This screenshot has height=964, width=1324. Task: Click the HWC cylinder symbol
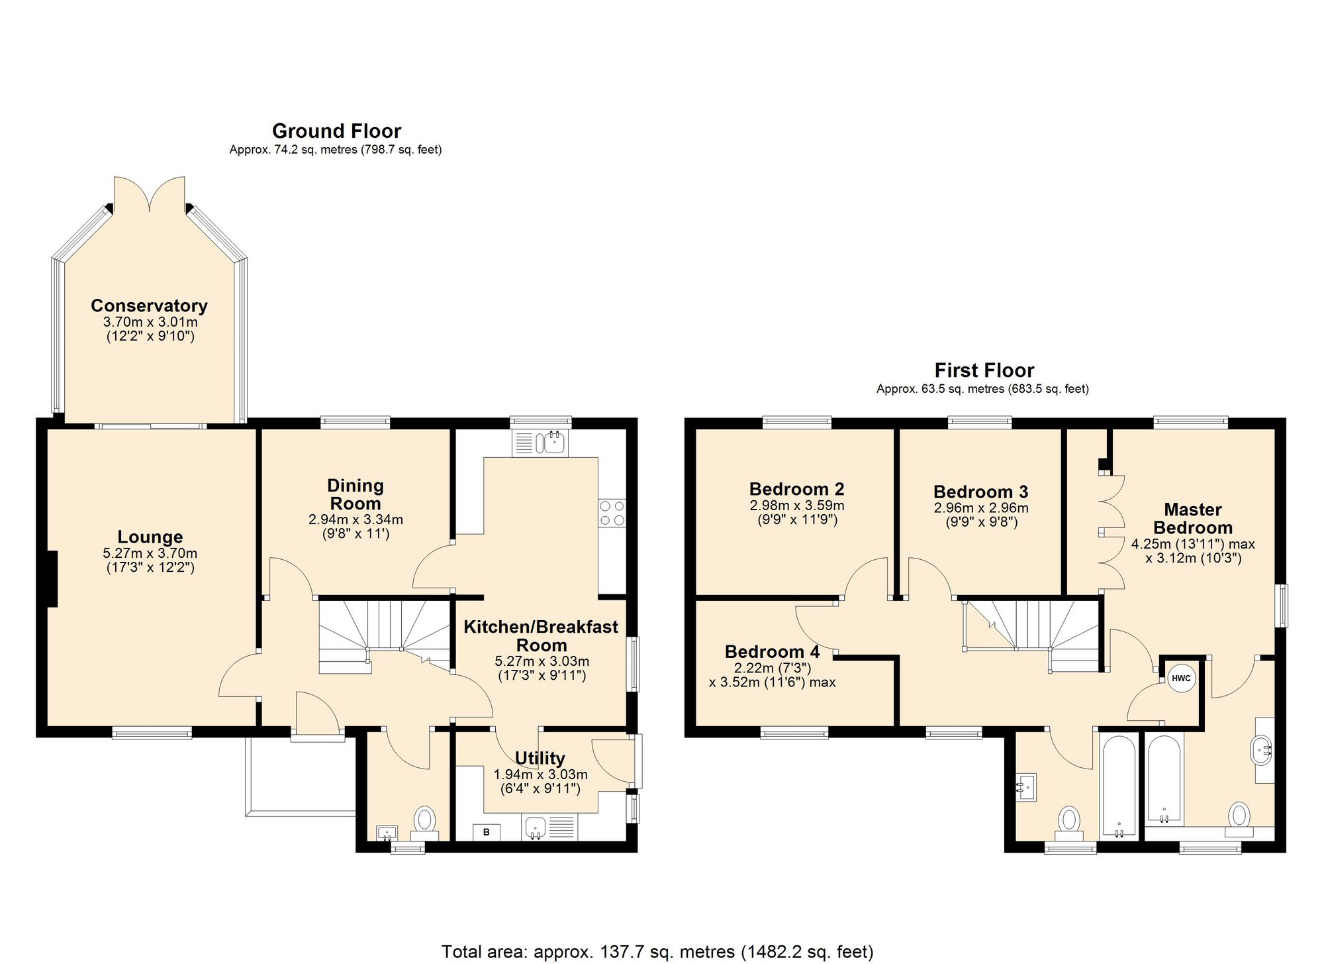[x=1181, y=678]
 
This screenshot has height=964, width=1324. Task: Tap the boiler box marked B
[x=487, y=832]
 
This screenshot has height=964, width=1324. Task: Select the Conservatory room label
[x=149, y=305]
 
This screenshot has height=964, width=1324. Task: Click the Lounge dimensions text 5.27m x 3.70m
[x=150, y=553]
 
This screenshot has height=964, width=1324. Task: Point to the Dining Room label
[x=355, y=494]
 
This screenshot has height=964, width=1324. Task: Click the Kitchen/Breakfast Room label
[x=541, y=636]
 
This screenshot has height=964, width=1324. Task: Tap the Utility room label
[x=540, y=758]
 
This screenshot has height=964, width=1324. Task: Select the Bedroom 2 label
[x=797, y=489]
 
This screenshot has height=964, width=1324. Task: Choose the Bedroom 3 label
[x=981, y=492]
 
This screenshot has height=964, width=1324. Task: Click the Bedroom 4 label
[x=773, y=652]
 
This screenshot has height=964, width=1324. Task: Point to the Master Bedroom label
[x=1193, y=519]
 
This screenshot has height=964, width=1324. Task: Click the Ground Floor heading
[x=336, y=131]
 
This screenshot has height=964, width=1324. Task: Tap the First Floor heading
[x=984, y=370]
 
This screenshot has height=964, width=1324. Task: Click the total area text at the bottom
[x=657, y=952]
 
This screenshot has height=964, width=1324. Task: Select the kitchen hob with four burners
[x=612, y=513]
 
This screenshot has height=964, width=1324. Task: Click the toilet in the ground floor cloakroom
[x=424, y=822]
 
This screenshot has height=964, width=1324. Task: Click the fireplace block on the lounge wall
[x=52, y=578]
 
